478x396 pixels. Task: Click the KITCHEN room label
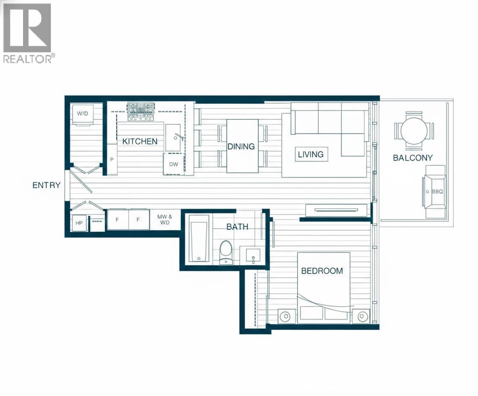(x=140, y=141)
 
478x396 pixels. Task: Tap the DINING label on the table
(x=241, y=146)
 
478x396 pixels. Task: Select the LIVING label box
(x=311, y=154)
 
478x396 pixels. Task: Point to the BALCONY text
(x=413, y=157)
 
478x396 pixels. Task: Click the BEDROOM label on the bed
(x=322, y=271)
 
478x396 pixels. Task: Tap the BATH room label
(x=237, y=227)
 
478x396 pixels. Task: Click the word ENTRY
(x=47, y=185)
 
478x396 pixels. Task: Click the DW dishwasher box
(x=174, y=164)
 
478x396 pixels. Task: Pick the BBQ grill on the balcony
(x=434, y=192)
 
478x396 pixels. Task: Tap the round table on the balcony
(x=414, y=131)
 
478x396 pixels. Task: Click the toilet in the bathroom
(x=226, y=252)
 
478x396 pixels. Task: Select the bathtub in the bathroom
(x=199, y=238)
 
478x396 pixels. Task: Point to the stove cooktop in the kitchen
(x=140, y=111)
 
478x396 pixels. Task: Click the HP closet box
(x=79, y=223)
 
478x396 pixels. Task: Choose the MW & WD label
(x=165, y=219)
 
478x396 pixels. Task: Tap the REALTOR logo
(x=28, y=32)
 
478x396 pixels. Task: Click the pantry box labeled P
(x=112, y=160)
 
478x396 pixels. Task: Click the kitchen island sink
(x=173, y=137)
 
